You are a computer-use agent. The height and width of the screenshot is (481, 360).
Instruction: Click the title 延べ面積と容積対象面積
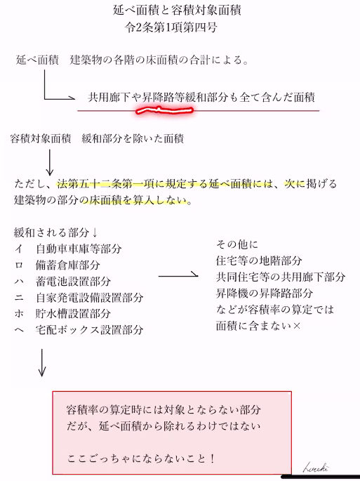[x=177, y=10]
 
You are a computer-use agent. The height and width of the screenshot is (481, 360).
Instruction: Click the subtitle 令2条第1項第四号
[x=171, y=27]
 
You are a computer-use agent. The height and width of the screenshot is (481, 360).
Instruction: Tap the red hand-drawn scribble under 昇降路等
[x=165, y=110]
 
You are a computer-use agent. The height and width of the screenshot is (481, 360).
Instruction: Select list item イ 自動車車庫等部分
[x=68, y=249]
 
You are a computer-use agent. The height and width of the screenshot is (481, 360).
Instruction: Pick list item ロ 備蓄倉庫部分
[x=58, y=265]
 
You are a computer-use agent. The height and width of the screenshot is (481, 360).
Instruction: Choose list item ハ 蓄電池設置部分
[x=62, y=281]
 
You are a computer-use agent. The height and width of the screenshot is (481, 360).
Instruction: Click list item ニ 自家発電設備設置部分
[x=79, y=297]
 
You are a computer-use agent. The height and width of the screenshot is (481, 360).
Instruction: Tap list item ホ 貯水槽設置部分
[x=62, y=313]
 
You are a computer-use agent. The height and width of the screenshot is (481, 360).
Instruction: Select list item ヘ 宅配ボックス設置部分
[x=79, y=329]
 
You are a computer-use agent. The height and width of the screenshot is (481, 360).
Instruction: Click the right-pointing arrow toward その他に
[x=178, y=275]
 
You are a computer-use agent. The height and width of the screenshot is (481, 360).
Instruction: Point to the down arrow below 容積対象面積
[x=50, y=162]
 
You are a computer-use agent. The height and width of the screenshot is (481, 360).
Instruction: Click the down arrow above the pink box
[x=42, y=362]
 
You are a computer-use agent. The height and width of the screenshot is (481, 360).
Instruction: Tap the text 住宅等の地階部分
[x=259, y=261]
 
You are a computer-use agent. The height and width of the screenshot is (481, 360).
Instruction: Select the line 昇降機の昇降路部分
[x=265, y=294]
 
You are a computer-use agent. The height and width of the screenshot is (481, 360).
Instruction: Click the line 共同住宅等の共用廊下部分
[x=281, y=277]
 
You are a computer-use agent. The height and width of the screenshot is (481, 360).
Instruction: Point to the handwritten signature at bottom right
[x=316, y=468]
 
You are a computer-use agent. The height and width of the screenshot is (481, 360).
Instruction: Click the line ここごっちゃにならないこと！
[x=141, y=459]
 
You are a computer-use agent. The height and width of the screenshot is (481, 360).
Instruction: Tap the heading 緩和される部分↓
[x=56, y=232]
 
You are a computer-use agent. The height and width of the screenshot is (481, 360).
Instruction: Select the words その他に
[x=237, y=244]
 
